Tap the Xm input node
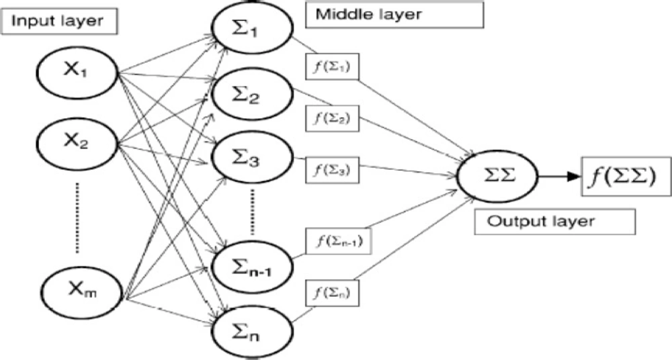83,290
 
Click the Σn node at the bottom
253,330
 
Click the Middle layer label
394,14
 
